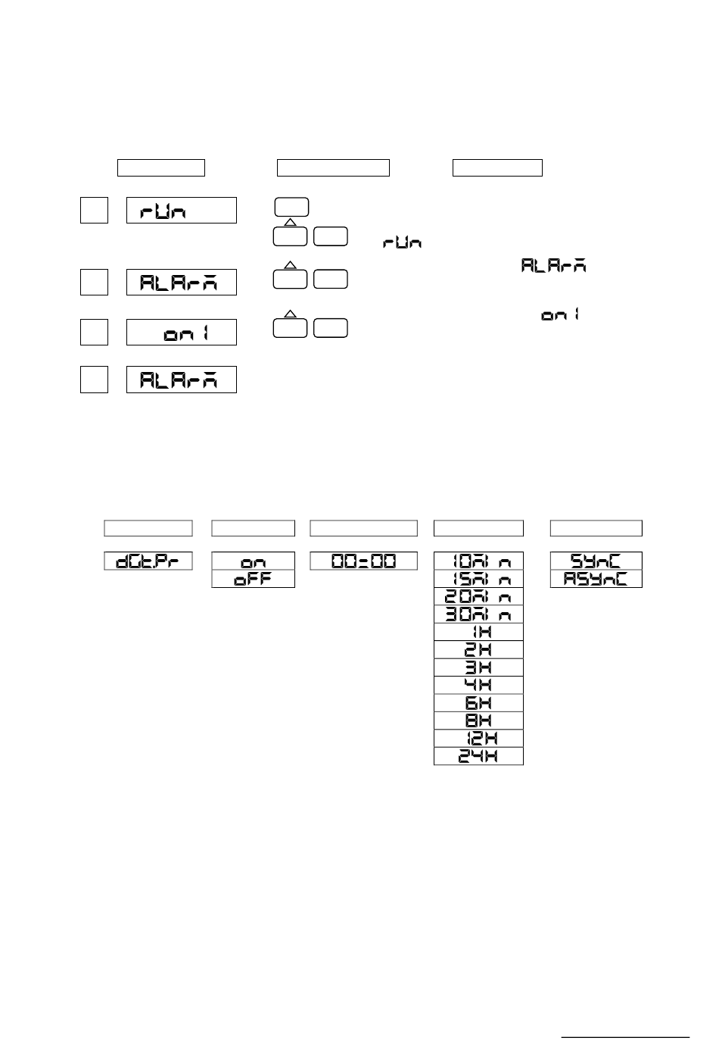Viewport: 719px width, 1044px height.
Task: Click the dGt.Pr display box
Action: pyautogui.click(x=148, y=561)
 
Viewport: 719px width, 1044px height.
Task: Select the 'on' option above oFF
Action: pyautogui.click(x=253, y=561)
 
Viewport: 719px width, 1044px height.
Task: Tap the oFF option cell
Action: pyautogui.click(x=253, y=579)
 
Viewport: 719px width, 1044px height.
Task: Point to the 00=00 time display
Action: pyautogui.click(x=364, y=561)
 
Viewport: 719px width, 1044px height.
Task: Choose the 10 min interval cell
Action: pyautogui.click(x=478, y=561)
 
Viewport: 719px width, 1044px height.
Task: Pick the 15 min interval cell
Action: pyautogui.click(x=478, y=579)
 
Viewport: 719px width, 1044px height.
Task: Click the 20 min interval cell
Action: pyautogui.click(x=478, y=596)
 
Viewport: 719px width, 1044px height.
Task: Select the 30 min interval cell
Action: pyautogui.click(x=478, y=614)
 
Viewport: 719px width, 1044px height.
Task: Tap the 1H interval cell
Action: pyautogui.click(x=478, y=632)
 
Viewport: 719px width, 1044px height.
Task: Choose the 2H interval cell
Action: pyautogui.click(x=478, y=649)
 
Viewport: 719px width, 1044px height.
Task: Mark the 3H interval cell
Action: pyautogui.click(x=478, y=667)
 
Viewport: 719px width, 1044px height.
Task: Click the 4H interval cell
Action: pyautogui.click(x=478, y=685)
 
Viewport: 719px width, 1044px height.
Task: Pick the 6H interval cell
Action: pyautogui.click(x=478, y=703)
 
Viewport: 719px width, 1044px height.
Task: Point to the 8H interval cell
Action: pyautogui.click(x=478, y=720)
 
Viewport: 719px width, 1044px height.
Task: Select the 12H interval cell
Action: pyautogui.click(x=478, y=739)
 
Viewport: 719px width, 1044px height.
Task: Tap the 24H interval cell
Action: pyautogui.click(x=478, y=756)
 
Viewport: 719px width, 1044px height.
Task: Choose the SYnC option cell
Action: pyautogui.click(x=596, y=561)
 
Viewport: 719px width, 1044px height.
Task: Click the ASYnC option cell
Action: pyautogui.click(x=596, y=579)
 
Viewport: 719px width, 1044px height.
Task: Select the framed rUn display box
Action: pyautogui.click(x=182, y=211)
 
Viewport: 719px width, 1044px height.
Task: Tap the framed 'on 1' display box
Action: pyautogui.click(x=182, y=333)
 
